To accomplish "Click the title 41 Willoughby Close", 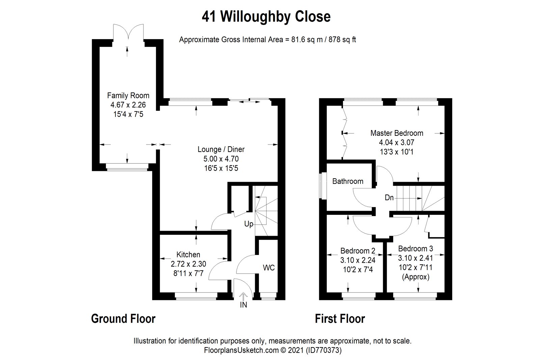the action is (266, 17).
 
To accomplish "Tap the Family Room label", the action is (128, 96).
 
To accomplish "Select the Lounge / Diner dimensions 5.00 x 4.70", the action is (221, 159).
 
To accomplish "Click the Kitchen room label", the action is (188, 255).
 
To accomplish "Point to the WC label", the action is (269, 268).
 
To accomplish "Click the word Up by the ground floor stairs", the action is (249, 224).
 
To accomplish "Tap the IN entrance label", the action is (243, 305).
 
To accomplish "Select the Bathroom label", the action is (348, 181).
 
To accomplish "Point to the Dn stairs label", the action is (389, 198).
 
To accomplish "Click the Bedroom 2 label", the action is (357, 251).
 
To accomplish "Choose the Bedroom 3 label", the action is (415, 249).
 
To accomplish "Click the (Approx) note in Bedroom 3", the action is (415, 277).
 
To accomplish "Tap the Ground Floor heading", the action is (123, 318).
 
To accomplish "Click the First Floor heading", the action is (340, 318).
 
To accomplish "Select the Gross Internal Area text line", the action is (267, 40).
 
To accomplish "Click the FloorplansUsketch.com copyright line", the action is (273, 351).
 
